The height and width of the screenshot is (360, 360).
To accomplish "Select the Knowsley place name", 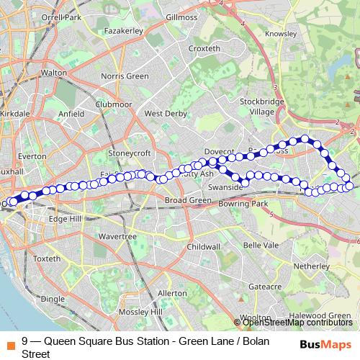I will pos(280,34).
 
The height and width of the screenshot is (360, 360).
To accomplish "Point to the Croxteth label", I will pos(203,48).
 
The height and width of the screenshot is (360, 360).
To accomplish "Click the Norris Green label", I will pos(124,76).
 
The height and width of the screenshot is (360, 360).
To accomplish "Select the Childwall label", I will pos(203,246).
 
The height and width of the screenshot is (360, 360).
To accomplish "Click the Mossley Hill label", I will pos(144,312).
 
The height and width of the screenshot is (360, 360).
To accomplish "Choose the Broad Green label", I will pos(186,199).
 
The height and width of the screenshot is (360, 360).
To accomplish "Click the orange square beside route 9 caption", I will pos(9,343).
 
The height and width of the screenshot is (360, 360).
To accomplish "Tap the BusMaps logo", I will pos(325,343).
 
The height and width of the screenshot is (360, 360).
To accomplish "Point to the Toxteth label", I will pos(47,258).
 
